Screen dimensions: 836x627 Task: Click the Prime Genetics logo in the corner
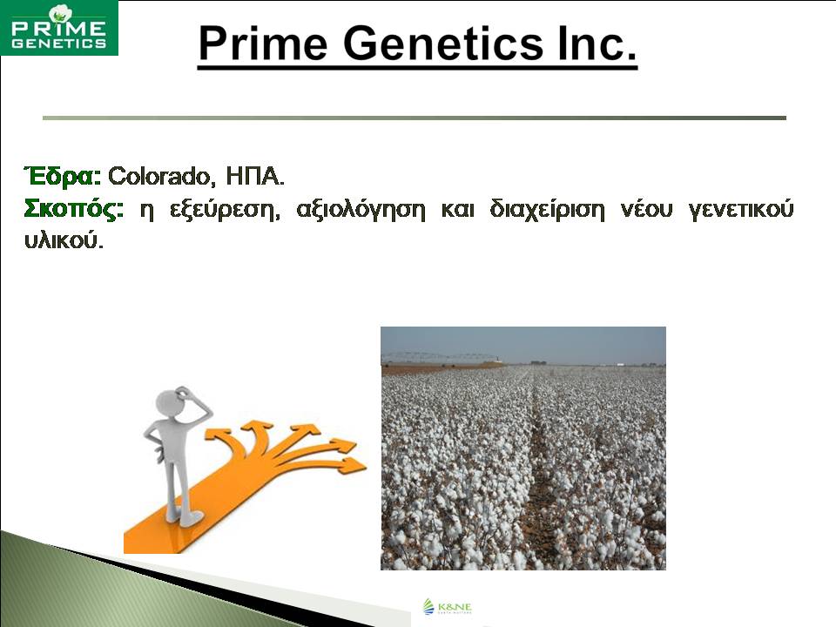point(59,28)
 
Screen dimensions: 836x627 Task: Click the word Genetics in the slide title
point(443,44)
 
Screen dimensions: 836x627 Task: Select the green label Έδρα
point(63,175)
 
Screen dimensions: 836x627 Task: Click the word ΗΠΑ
point(255,176)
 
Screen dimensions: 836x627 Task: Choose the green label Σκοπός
point(73,209)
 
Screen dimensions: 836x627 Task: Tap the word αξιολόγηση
point(361,210)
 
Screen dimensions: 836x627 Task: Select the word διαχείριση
point(548,210)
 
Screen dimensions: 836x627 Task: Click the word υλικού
point(64,241)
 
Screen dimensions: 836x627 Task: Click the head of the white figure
point(172,403)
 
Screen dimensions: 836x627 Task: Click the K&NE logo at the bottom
point(448,607)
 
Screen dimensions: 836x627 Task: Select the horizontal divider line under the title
point(415,118)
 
